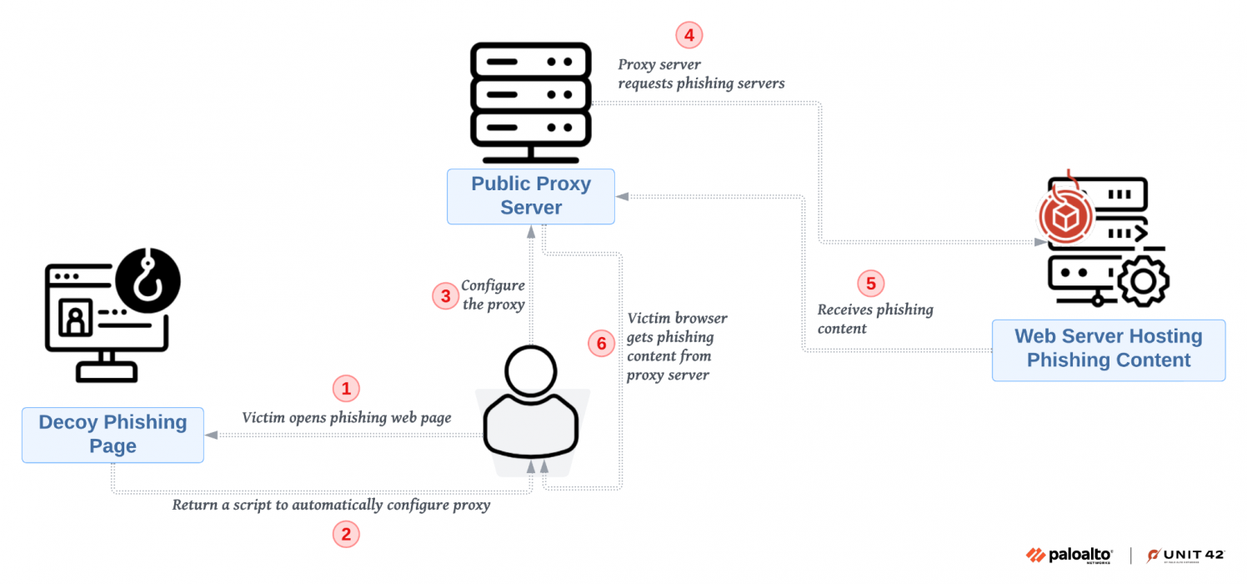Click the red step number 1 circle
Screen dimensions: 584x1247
pos(346,388)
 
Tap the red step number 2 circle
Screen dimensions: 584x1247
pos(346,534)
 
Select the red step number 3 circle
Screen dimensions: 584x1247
pos(445,296)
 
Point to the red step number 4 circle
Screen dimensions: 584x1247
pos(689,35)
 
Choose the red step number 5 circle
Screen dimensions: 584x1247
pos(870,283)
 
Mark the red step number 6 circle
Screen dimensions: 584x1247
pos(600,343)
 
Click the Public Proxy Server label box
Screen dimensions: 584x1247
pos(531,196)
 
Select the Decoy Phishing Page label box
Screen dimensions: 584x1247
pos(113,435)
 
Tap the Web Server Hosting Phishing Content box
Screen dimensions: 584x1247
pos(1108,350)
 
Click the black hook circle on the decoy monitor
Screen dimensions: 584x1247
pos(148,279)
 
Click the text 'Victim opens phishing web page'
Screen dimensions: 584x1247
pos(346,417)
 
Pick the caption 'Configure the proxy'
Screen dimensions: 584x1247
pos(493,295)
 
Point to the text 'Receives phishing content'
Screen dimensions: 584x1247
pos(874,319)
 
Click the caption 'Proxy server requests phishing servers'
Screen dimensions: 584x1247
pos(700,74)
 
